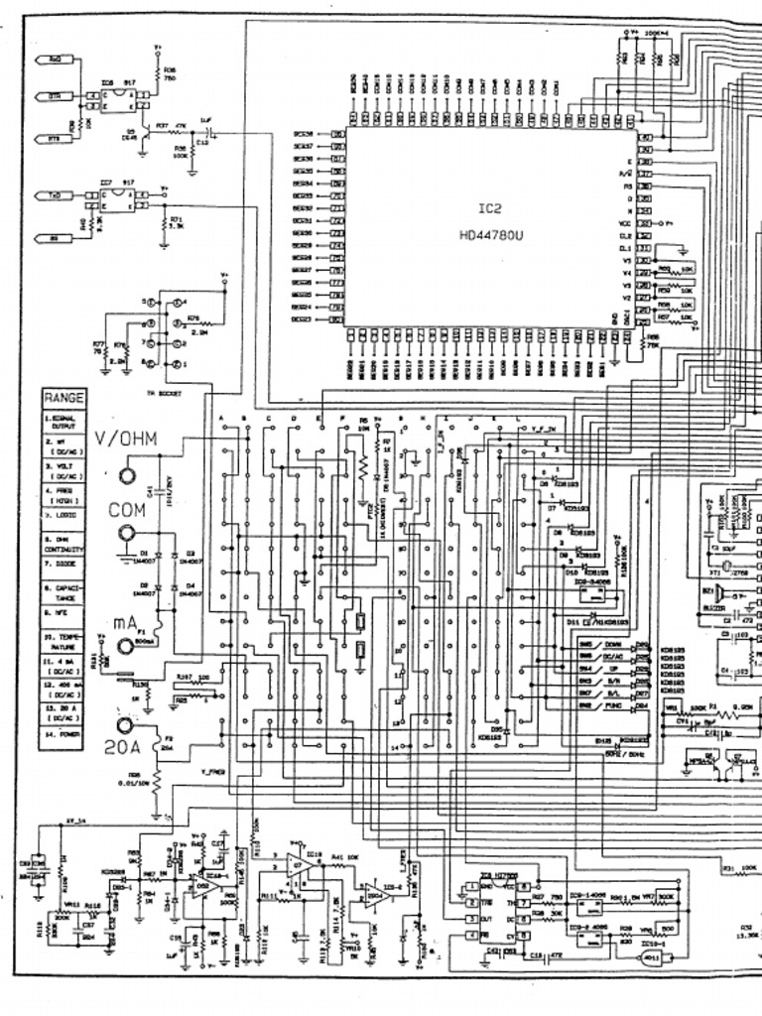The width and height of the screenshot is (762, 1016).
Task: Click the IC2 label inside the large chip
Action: click(494, 211)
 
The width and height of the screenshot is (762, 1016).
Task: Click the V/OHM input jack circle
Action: click(127, 475)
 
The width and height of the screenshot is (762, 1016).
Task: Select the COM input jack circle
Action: click(127, 534)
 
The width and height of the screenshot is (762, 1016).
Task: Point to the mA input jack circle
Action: click(126, 646)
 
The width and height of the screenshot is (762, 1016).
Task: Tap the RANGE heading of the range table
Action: click(63, 397)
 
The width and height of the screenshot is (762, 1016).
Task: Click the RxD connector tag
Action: click(54, 61)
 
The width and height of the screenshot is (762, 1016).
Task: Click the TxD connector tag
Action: click(54, 196)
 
